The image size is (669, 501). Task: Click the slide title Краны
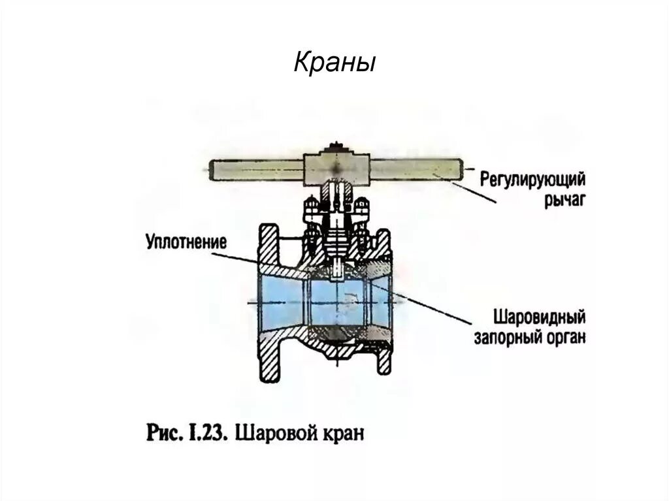(334, 63)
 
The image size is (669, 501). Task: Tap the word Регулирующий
(532, 178)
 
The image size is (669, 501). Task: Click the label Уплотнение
(185, 242)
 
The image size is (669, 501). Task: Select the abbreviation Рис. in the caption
(160, 434)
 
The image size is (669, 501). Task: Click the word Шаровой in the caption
(272, 434)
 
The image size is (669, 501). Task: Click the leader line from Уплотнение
(261, 260)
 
